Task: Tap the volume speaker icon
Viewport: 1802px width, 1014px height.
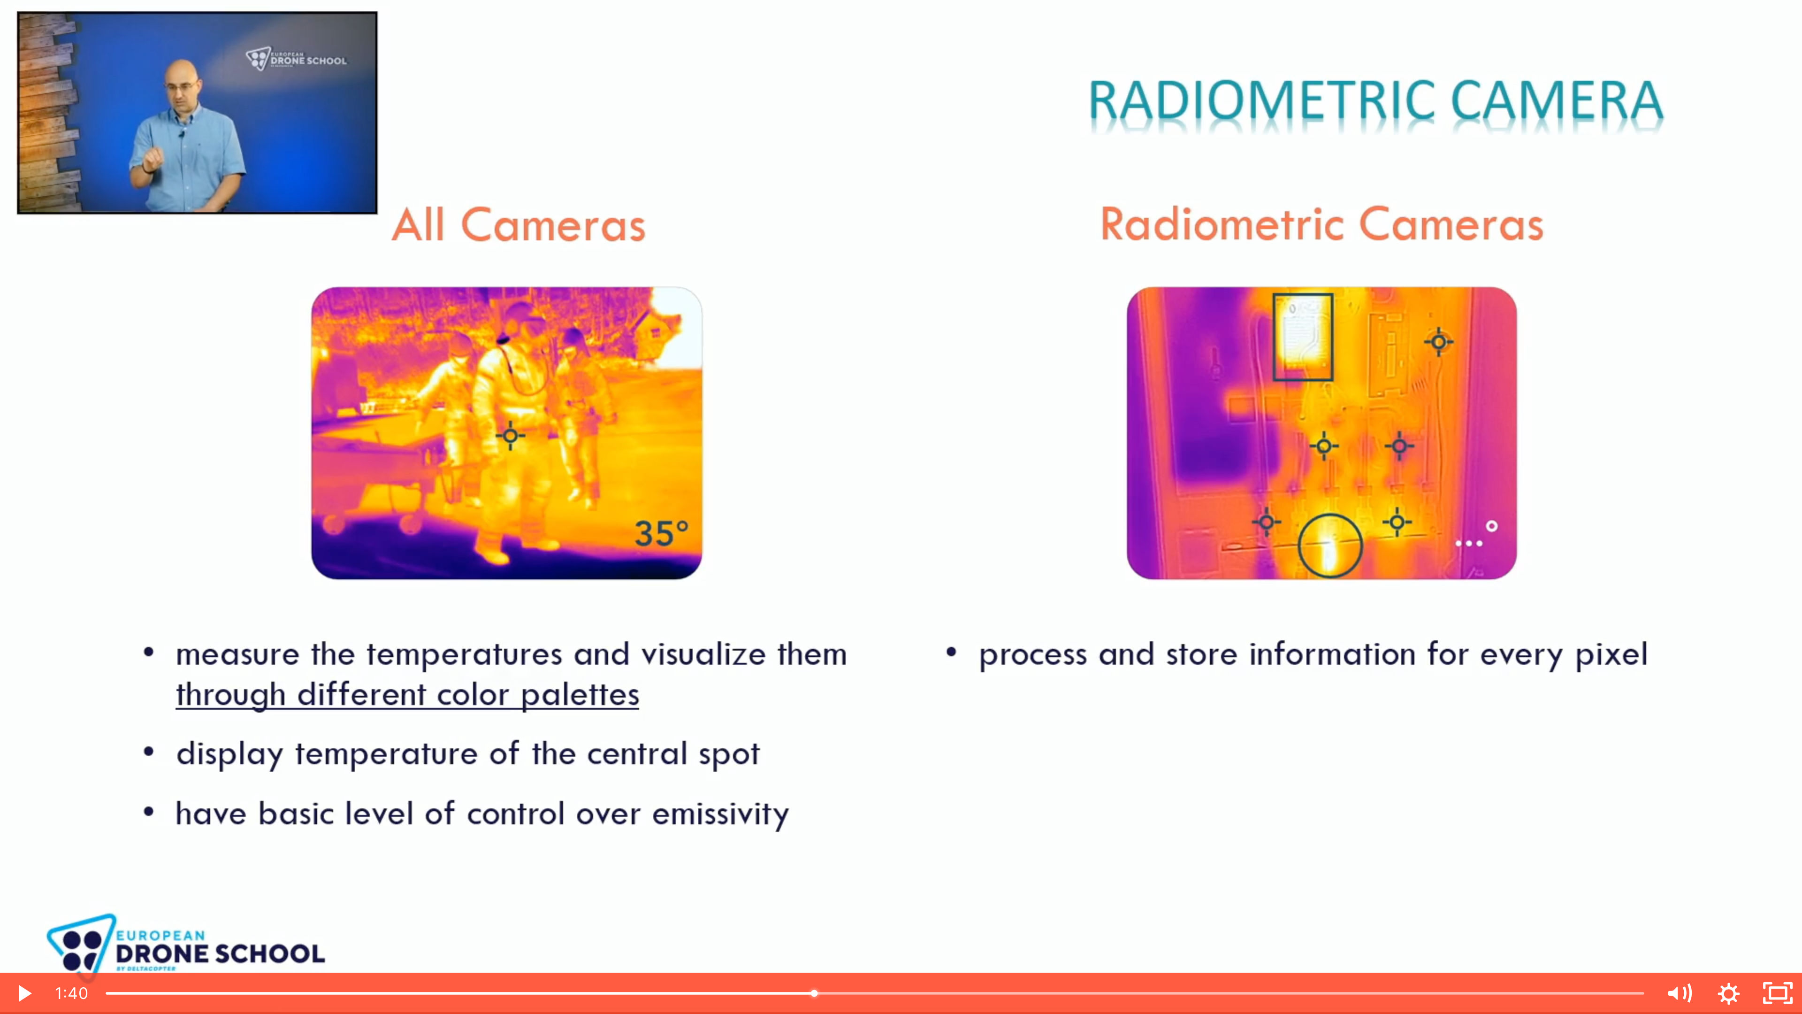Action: (x=1679, y=993)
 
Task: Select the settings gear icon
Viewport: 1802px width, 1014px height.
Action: (x=1728, y=993)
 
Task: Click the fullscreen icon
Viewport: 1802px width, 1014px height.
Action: (x=1778, y=993)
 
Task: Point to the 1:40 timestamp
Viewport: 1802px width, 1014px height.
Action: (x=71, y=993)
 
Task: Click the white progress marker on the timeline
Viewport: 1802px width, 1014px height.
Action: (x=814, y=993)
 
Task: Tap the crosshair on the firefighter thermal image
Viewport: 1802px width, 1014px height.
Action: (x=511, y=436)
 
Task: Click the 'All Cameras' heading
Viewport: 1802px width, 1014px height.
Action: (x=519, y=225)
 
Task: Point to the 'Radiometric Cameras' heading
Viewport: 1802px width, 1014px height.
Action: (x=1321, y=225)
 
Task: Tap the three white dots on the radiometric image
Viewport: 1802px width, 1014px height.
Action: (x=1468, y=543)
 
